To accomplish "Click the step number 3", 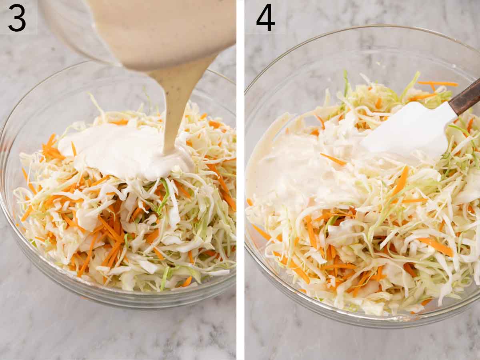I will click(x=17, y=18).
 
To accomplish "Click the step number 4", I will click(x=265, y=18).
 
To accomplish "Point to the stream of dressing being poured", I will click(x=176, y=104).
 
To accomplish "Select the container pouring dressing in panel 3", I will click(x=160, y=28).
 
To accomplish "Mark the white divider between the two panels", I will click(x=240, y=180).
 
